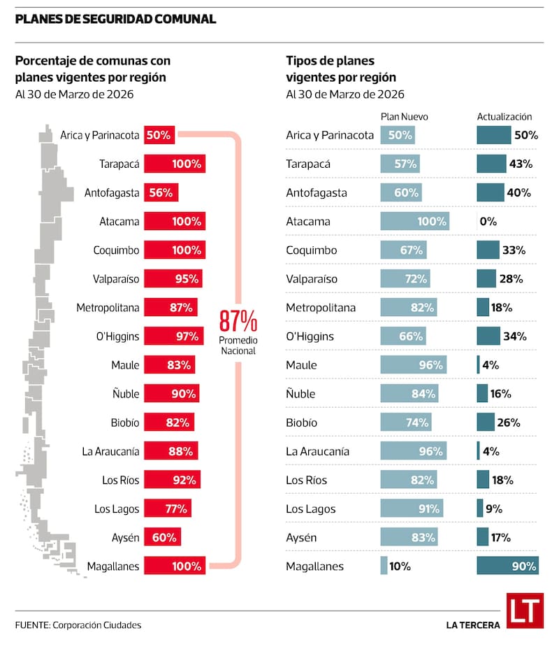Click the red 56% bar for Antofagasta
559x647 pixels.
[x=161, y=192]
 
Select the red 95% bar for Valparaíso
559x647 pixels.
[x=173, y=278]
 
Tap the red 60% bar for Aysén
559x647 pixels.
[x=162, y=537]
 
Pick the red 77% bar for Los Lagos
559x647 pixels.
[x=168, y=509]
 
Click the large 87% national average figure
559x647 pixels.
[x=238, y=321]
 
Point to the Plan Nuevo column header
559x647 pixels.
[x=404, y=117]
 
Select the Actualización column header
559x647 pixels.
[x=504, y=117]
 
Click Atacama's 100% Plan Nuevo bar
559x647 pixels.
[x=415, y=221]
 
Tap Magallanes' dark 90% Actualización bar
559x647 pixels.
[x=508, y=566]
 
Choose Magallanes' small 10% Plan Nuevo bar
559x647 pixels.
[x=384, y=566]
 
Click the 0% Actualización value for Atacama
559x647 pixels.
[x=488, y=222]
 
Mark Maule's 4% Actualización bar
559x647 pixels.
[x=478, y=364]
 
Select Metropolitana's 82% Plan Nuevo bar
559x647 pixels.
[x=409, y=307]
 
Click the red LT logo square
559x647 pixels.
[x=525, y=611]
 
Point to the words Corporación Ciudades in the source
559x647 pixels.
[x=97, y=625]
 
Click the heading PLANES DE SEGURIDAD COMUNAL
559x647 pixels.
[x=115, y=19]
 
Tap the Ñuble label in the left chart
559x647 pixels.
[x=126, y=394]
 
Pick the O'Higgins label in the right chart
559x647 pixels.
[x=310, y=336]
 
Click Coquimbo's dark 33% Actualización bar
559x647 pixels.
[x=488, y=250]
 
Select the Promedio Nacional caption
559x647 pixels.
[x=238, y=346]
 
